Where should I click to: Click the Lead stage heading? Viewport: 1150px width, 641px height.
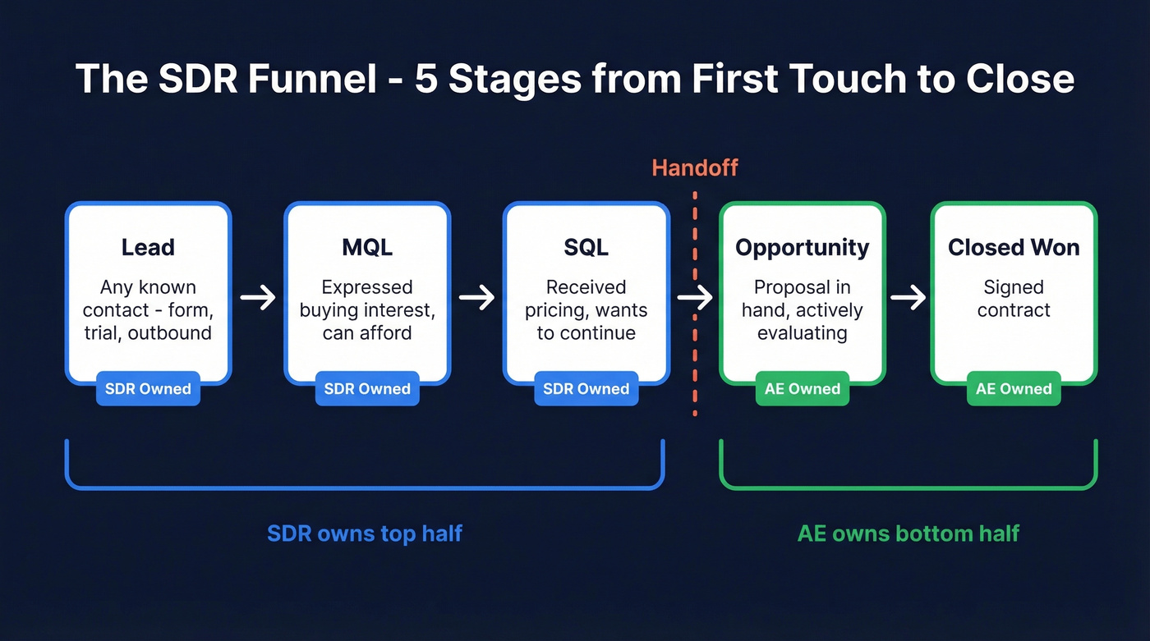148,248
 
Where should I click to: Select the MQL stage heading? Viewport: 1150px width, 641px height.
367,248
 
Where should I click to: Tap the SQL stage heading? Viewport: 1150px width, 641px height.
586,248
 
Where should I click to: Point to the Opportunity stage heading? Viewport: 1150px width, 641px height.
802,248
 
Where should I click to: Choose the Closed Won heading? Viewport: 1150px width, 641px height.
1014,248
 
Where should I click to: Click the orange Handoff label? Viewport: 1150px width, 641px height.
695,168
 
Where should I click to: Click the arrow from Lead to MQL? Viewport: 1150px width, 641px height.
258,297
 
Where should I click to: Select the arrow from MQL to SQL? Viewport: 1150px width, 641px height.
476,297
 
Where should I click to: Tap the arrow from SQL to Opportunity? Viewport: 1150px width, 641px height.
695,297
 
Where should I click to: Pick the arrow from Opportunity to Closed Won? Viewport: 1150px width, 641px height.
908,297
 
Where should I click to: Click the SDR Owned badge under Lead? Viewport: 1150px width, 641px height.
148,389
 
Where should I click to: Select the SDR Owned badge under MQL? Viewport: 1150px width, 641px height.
367,389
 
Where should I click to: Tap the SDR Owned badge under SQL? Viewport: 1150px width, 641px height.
586,389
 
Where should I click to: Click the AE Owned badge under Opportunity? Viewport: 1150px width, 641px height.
802,389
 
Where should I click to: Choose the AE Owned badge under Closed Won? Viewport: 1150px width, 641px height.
1014,389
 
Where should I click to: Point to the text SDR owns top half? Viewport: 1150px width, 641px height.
365,533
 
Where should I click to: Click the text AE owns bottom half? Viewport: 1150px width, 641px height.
908,533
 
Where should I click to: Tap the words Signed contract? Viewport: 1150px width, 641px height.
1014,299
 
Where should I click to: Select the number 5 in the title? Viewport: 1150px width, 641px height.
426,79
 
